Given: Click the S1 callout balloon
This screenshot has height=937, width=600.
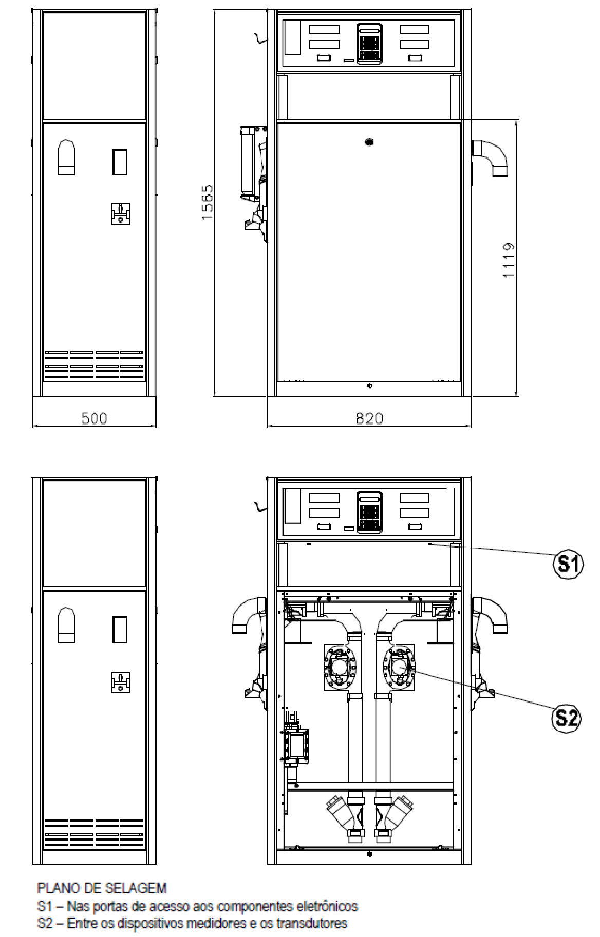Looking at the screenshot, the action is pos(567,565).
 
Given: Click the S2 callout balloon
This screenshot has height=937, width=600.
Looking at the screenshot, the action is pos(567,718).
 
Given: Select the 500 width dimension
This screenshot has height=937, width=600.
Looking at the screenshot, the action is pos(94,419).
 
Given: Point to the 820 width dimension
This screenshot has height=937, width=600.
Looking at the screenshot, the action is pos(369,419).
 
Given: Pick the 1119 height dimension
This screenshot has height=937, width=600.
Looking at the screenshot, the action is pos(509,260).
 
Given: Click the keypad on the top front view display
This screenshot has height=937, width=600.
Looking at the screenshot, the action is pos(370,45).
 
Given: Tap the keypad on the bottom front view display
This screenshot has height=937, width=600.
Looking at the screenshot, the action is pos(370,511).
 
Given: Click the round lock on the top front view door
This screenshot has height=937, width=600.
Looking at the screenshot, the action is pos(368,142).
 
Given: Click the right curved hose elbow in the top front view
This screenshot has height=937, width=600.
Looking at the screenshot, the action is pos(491,157).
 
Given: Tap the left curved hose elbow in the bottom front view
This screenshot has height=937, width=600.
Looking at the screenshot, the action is pos(249,616).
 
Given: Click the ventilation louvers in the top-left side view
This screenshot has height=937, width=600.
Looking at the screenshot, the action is pos(94,364).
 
